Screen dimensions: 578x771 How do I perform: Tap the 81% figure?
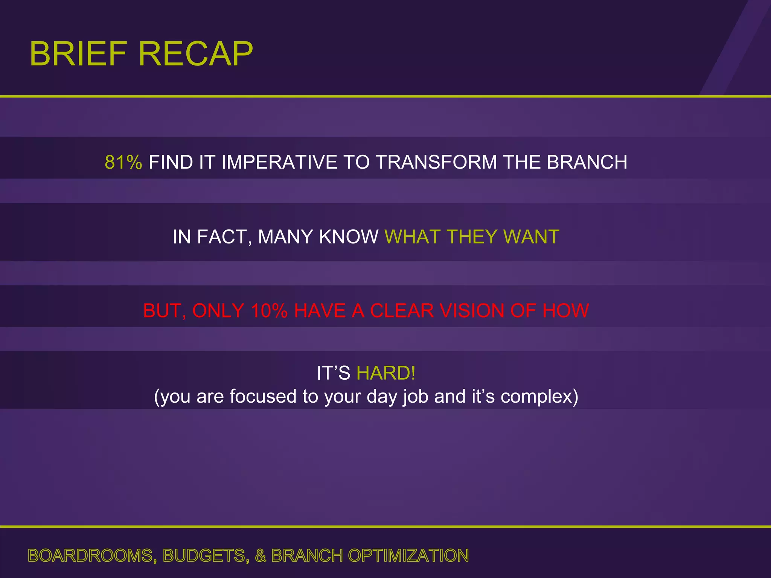click(x=123, y=162)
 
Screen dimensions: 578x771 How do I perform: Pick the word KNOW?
click(x=348, y=237)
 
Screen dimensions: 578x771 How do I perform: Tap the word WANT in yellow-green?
click(x=531, y=237)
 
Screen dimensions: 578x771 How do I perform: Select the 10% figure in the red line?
click(x=269, y=311)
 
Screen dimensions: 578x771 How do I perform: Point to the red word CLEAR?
click(x=402, y=311)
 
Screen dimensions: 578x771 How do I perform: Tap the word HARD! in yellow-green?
click(x=386, y=373)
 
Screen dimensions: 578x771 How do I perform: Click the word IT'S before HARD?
click(x=333, y=373)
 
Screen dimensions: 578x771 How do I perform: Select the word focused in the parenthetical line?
click(x=263, y=396)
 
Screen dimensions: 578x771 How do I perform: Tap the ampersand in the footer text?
click(x=261, y=556)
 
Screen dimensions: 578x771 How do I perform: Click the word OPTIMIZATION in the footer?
click(x=408, y=556)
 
